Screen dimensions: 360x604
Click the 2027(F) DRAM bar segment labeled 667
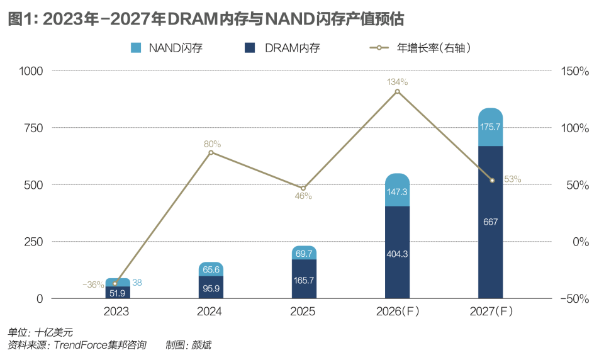491,222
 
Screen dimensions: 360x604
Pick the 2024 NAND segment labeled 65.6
211,269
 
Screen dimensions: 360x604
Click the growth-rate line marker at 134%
397,92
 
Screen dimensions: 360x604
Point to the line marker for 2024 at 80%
211,152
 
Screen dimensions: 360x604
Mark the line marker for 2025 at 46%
303,188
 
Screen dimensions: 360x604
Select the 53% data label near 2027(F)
512,179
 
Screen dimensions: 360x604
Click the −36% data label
93,284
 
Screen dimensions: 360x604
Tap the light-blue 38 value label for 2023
137,283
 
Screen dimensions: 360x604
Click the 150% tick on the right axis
574,71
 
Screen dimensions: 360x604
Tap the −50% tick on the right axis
574,298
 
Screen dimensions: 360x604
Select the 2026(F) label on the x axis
397,312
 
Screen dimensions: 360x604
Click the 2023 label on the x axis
117,312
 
